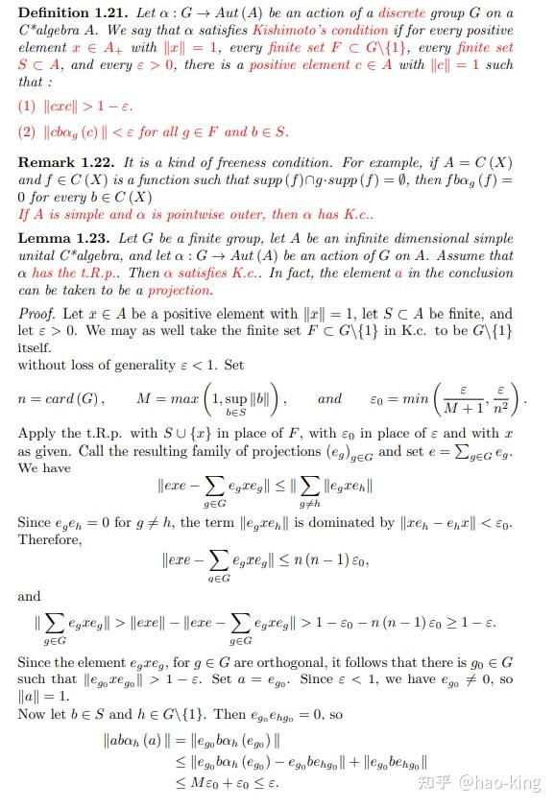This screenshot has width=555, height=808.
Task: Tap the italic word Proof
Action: (x=36, y=314)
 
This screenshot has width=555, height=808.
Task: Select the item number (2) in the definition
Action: (x=27, y=131)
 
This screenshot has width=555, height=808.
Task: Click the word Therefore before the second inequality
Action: (x=50, y=539)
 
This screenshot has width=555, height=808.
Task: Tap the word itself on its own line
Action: (x=35, y=349)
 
